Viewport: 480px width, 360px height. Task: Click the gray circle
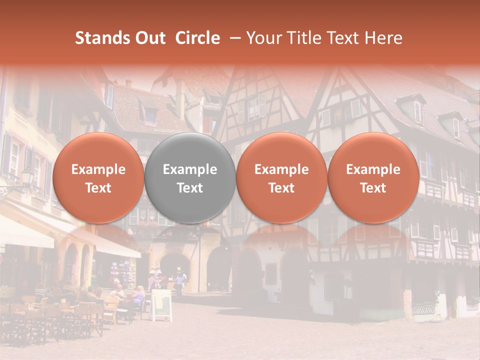pos(189,178)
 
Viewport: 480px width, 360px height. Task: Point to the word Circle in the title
pos(197,38)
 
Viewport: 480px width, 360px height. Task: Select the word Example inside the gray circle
pos(189,169)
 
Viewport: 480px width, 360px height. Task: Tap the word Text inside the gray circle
pos(189,188)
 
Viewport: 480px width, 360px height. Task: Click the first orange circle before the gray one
pos(98,178)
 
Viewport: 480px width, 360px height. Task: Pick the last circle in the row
pos(373,178)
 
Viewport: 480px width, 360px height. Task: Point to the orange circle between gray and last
pos(281,178)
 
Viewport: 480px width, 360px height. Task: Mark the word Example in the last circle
pos(373,169)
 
